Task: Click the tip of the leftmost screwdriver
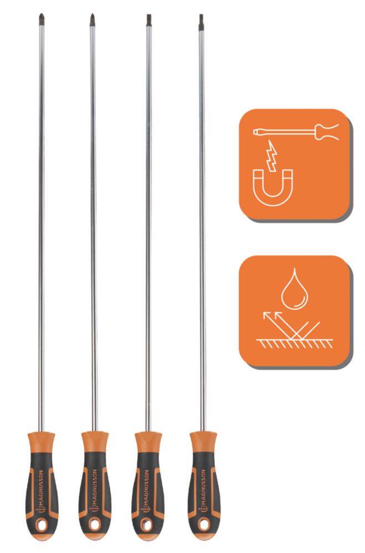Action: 41,14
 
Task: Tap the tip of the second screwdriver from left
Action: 92,14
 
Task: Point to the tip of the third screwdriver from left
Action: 149,14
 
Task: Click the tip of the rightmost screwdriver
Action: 201,14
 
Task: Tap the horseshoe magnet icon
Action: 273,187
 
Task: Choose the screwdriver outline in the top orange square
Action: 296,132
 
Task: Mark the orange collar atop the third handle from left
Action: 148,441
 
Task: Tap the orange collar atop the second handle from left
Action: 95,441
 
